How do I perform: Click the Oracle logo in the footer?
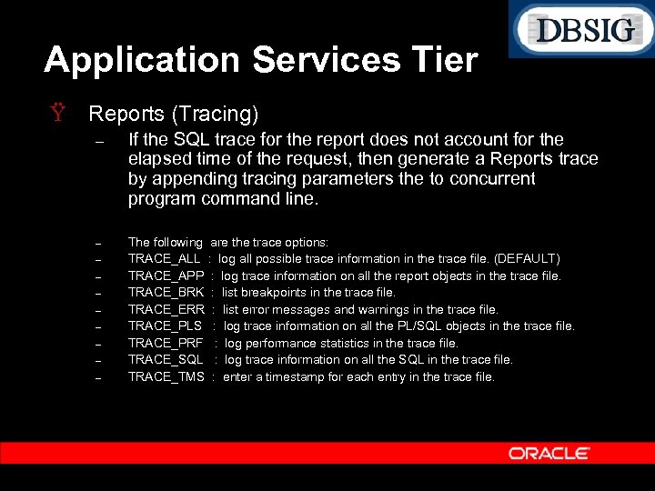(x=549, y=453)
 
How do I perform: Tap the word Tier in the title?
(x=443, y=60)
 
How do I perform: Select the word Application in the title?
(x=142, y=60)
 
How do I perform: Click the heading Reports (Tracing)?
(x=173, y=114)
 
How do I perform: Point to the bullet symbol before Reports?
(x=58, y=115)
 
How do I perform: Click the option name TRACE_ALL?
(x=164, y=259)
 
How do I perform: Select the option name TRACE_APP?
(x=165, y=276)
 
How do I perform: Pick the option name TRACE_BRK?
(x=165, y=293)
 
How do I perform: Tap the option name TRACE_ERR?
(x=165, y=309)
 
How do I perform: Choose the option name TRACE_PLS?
(x=165, y=326)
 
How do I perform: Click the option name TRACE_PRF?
(x=165, y=343)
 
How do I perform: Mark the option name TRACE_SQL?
(x=165, y=360)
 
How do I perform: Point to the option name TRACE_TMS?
(x=165, y=376)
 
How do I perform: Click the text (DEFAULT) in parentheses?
(x=527, y=259)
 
